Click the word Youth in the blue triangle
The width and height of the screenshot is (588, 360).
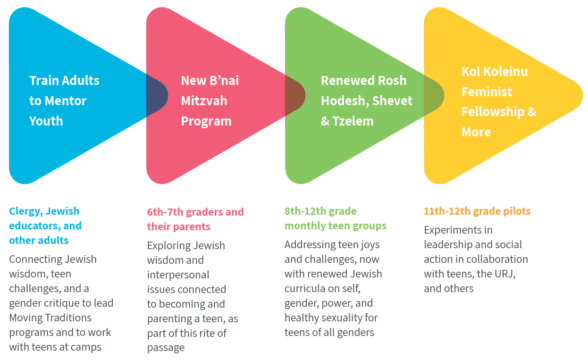click(x=46, y=121)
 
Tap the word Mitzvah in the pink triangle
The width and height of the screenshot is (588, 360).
click(x=204, y=101)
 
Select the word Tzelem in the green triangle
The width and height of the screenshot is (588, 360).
click(x=353, y=121)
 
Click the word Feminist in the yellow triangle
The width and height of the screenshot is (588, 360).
click(x=487, y=92)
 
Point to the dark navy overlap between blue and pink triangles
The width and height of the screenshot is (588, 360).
click(x=156, y=95)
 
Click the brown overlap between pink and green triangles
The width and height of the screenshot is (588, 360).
click(x=294, y=95)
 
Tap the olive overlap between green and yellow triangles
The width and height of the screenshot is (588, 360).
click(x=433, y=95)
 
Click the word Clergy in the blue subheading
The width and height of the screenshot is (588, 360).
click(x=26, y=211)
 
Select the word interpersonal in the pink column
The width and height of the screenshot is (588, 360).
click(x=178, y=275)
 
